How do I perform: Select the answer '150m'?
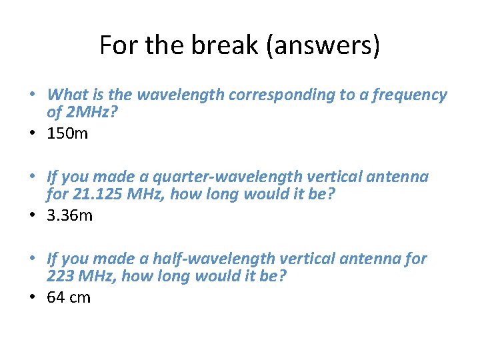point(67,133)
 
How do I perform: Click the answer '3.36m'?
point(70,215)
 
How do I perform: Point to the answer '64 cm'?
point(69,297)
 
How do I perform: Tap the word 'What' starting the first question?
point(64,95)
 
